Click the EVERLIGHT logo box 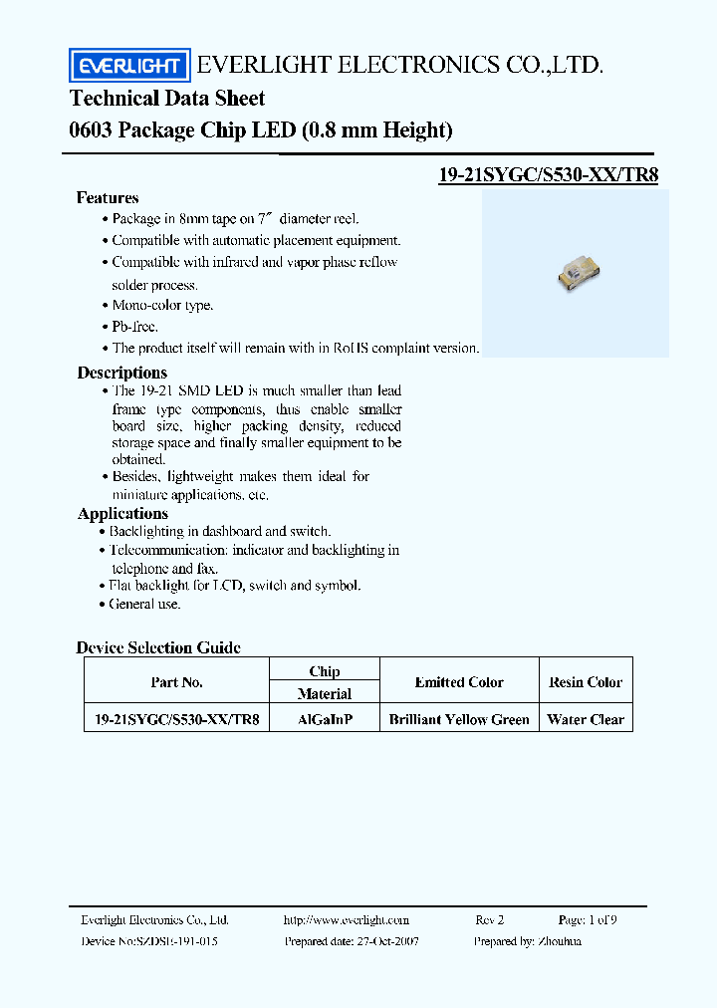pos(128,66)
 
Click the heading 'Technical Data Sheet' pos(167,98)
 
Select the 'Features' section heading pos(108,198)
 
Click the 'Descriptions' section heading pos(121,373)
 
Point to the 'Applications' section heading pos(122,514)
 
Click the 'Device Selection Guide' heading pos(158,647)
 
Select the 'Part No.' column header pos(177,682)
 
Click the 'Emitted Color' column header pos(459,682)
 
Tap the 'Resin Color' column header pos(586,682)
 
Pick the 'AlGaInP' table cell pos(325,719)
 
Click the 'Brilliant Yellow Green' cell pos(459,719)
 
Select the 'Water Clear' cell pos(586,719)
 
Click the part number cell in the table pos(177,719)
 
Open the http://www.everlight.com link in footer pos(347,920)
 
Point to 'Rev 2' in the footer pos(490,920)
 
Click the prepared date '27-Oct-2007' pos(383,940)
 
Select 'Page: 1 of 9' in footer pos(588,920)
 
